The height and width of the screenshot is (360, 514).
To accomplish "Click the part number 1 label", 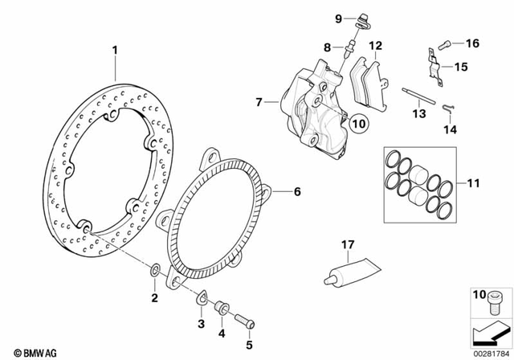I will (115, 50).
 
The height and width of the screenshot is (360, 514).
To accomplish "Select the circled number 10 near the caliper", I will (358, 124).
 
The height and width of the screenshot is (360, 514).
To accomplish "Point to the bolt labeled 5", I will (247, 324).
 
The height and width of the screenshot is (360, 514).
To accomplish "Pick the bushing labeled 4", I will (222, 309).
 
